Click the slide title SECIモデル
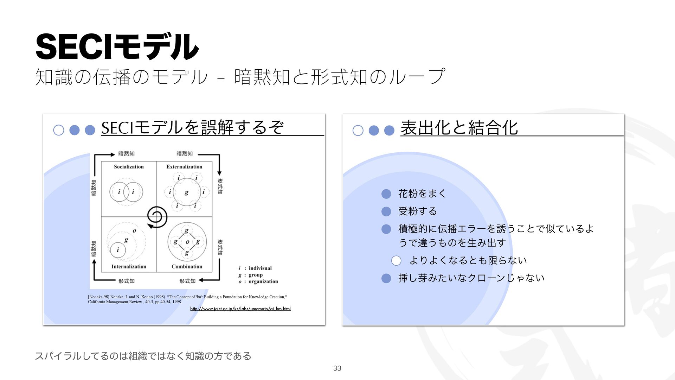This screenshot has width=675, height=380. [117, 47]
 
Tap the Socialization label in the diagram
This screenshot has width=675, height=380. [129, 167]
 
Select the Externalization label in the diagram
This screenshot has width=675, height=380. [184, 167]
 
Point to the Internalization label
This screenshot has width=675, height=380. [129, 267]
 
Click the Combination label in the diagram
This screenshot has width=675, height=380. [187, 267]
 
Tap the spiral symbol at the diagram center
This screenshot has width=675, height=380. [157, 217]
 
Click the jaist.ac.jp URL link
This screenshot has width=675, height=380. [240, 309]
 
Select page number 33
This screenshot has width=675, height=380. [337, 368]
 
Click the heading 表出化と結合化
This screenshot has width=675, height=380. [459, 128]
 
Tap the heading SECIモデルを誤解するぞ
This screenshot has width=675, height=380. [192, 128]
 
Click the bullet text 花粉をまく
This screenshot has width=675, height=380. [422, 194]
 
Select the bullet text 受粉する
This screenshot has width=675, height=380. [418, 211]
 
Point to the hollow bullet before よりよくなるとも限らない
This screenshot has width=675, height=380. [396, 261]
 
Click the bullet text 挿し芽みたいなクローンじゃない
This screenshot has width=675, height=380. [471, 278]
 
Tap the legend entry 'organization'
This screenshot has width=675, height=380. [263, 281]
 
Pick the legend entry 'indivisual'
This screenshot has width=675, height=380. [260, 268]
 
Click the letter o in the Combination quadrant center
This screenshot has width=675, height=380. [187, 242]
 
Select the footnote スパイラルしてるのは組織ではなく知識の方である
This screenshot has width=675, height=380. [143, 356]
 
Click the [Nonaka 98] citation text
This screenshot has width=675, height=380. [187, 299]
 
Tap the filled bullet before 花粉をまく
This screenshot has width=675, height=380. [386, 194]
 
